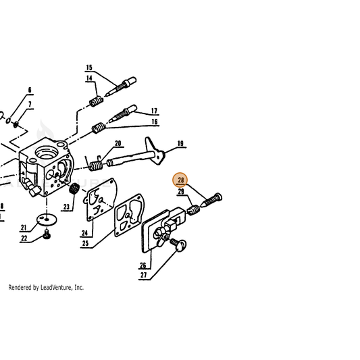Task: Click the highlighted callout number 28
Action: [181, 180]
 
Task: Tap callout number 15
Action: [89, 68]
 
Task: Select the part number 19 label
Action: [180, 143]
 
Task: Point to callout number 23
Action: [66, 207]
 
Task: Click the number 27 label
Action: [143, 275]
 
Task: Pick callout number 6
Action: [30, 90]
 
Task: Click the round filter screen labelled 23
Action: [74, 189]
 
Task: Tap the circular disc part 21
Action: [47, 220]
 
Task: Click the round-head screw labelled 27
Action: [178, 244]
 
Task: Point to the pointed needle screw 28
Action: [211, 200]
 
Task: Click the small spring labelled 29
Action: [193, 210]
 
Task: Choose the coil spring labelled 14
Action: [96, 101]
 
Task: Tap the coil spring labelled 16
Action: [99, 128]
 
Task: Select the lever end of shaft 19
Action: [154, 151]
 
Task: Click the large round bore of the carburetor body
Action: [47, 153]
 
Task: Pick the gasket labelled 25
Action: [129, 215]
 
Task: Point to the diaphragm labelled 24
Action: [100, 199]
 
